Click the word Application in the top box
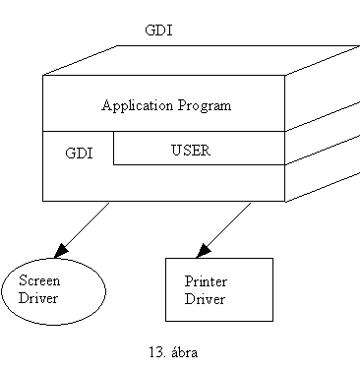coord(134,105)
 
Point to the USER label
coord(191,152)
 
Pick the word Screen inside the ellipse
coord(40,280)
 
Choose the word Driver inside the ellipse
coord(39,298)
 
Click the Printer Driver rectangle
coord(218,290)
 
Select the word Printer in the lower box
coord(206,281)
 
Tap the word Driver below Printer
coord(205,299)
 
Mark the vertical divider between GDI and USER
coord(113,148)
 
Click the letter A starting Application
coord(106,105)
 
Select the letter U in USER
coord(176,152)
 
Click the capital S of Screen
coord(23,280)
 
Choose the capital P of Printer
coord(188,281)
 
